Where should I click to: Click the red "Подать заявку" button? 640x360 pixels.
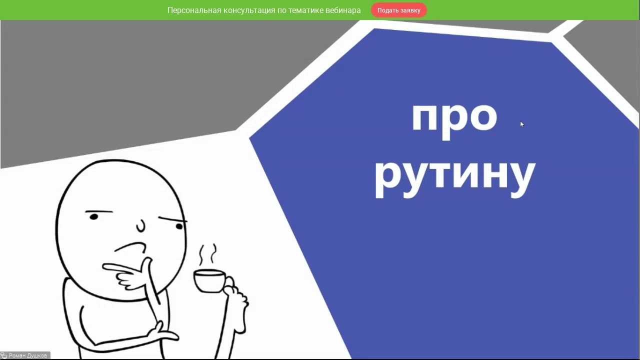pyautogui.click(x=398, y=10)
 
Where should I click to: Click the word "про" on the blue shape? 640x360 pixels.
pyautogui.click(x=454, y=117)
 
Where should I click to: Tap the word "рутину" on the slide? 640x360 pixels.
pyautogui.click(x=454, y=176)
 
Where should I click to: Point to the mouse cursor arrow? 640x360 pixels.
pyautogui.click(x=521, y=124)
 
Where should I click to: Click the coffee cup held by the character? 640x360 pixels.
pyautogui.click(x=208, y=280)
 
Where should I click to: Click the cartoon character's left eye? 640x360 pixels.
pyautogui.click(x=93, y=216)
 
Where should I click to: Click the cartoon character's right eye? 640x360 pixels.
pyautogui.click(x=179, y=226)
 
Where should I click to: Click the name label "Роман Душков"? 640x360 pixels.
pyautogui.click(x=28, y=355)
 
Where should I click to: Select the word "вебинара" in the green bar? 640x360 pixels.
pyautogui.click(x=341, y=10)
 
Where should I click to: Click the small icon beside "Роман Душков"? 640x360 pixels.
pyautogui.click(x=4, y=355)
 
